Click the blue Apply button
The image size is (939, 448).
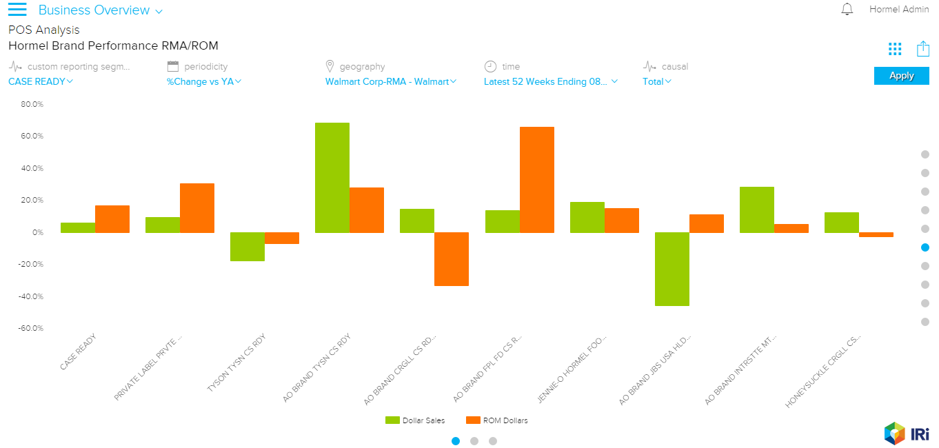pos(901,76)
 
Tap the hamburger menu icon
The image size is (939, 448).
pos(17,10)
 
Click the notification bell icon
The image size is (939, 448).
pos(847,10)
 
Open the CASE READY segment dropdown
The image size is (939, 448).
pos(41,81)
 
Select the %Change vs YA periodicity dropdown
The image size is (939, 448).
pos(204,81)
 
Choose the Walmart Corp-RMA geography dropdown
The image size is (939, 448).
pos(391,81)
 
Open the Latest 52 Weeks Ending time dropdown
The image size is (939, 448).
pos(550,81)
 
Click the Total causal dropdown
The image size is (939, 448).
pos(657,81)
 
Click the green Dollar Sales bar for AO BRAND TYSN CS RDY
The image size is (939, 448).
pos(332,177)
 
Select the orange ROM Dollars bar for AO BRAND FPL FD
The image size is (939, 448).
pos(537,179)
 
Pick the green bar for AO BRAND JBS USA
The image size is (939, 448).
pos(672,269)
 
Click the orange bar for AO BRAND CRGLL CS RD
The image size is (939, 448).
pos(452,258)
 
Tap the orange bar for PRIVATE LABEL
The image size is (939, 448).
pos(197,207)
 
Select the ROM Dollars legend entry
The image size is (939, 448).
pos(497,420)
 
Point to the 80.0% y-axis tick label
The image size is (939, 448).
pos(32,105)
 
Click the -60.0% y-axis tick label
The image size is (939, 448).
pos(32,329)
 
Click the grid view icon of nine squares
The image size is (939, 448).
pos(895,48)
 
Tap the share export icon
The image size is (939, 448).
pos(923,48)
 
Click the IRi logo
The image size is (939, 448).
pos(907,433)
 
